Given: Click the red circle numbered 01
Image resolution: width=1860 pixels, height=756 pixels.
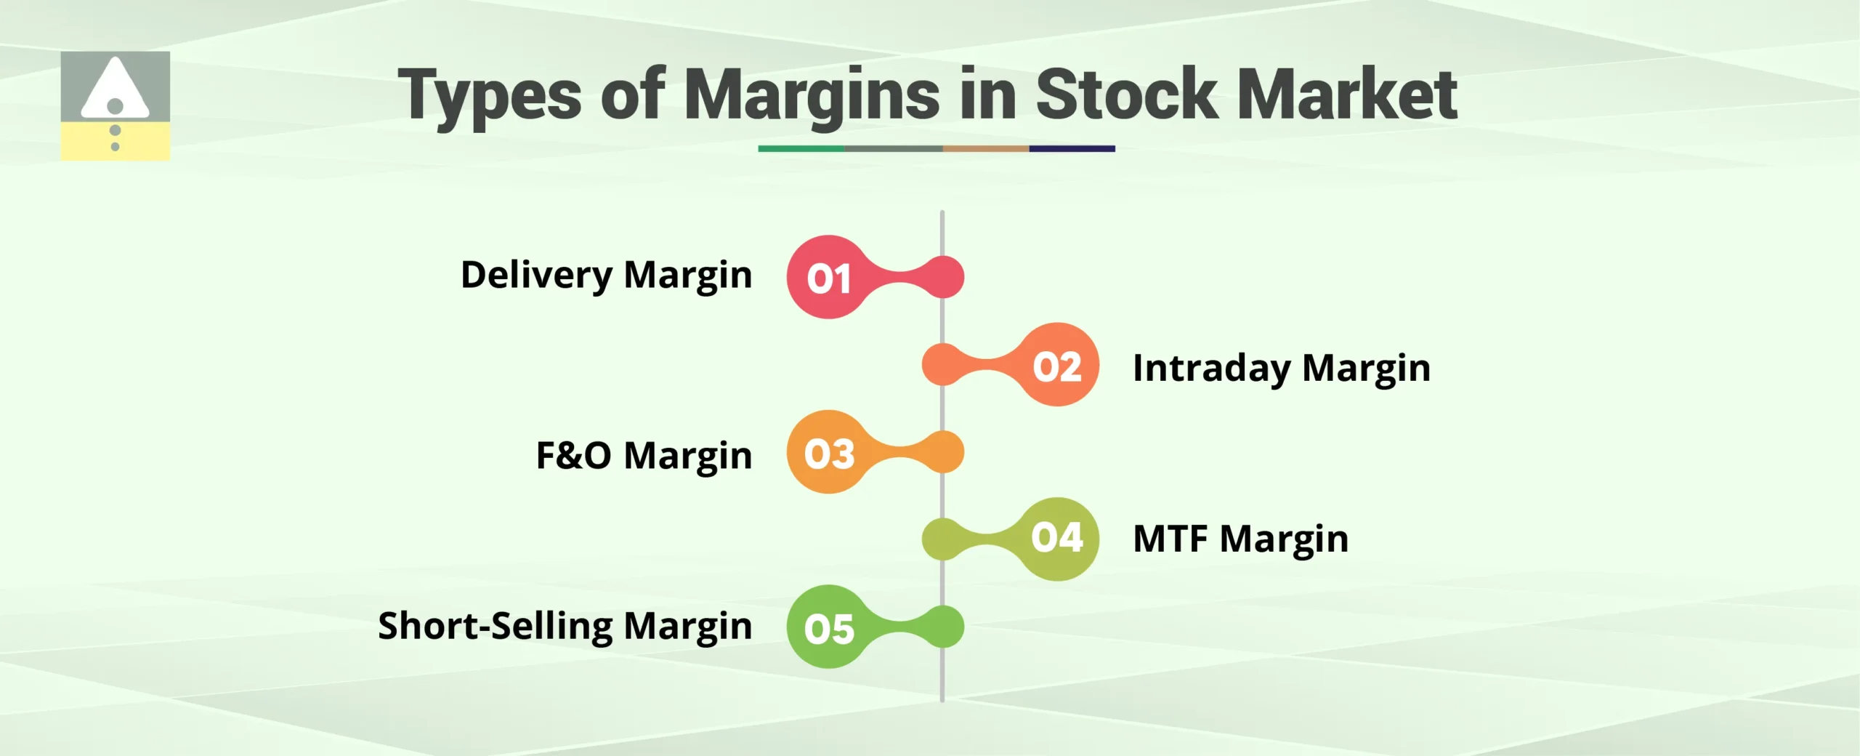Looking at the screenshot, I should click(828, 277).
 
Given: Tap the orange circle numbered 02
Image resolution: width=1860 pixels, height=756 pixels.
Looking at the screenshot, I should click(1057, 365).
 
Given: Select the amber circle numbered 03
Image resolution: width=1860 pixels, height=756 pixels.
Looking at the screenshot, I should click(828, 452).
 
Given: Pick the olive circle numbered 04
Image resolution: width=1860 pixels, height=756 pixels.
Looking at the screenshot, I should click(1057, 539).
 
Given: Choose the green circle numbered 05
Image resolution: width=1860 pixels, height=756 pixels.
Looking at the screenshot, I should click(828, 627).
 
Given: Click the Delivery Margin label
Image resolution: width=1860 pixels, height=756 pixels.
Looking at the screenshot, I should click(606, 276).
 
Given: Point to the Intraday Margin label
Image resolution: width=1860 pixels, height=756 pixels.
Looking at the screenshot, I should click(1281, 368).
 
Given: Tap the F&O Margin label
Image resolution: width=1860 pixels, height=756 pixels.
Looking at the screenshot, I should click(644, 456).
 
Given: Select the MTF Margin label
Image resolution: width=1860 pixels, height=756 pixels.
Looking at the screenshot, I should click(1240, 539).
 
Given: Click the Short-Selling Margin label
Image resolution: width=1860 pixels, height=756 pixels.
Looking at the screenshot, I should click(565, 626).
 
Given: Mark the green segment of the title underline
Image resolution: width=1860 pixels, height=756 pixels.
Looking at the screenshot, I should click(801, 148).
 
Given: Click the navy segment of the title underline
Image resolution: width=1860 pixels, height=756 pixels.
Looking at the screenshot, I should click(1072, 148).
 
